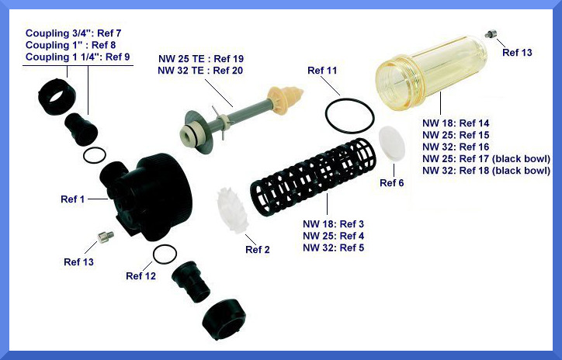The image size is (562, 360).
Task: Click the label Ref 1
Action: click(x=73, y=199)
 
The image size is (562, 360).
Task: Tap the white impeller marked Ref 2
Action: click(x=233, y=210)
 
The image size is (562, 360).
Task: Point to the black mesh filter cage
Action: click(x=314, y=177)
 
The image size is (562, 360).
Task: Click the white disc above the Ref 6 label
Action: click(x=392, y=144)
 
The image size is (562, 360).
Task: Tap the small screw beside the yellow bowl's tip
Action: click(x=490, y=33)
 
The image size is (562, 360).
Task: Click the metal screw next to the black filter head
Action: click(x=106, y=237)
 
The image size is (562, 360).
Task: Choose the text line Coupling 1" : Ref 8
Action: click(x=71, y=45)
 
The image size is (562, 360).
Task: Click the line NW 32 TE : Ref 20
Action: click(x=200, y=71)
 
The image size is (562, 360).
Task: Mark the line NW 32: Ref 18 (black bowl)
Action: click(x=486, y=171)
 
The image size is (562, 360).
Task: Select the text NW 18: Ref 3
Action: click(x=333, y=224)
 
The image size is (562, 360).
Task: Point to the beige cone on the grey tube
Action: click(x=286, y=95)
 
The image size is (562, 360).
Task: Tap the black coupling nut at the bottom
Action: click(x=224, y=320)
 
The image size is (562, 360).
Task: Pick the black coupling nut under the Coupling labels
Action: click(x=57, y=96)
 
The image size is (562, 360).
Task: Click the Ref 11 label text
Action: click(x=322, y=71)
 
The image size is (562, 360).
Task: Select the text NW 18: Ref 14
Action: click(x=456, y=123)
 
